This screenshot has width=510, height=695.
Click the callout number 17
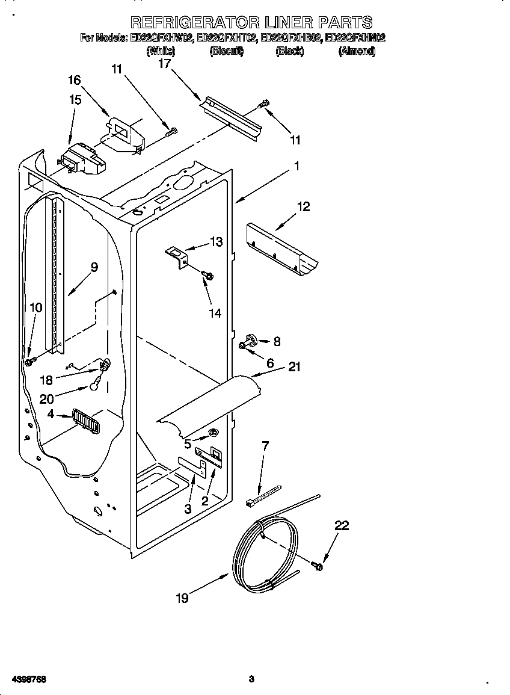coord(164,64)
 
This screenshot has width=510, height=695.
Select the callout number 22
coord(342,525)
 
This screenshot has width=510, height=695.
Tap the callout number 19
coord(182,598)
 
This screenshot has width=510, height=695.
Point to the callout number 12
coord(303,207)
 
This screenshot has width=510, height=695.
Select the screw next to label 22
coord(318,565)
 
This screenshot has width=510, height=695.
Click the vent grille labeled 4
coord(85,419)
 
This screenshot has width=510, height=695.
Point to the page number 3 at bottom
coord(251,679)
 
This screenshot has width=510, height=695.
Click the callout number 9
coord(94,267)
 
